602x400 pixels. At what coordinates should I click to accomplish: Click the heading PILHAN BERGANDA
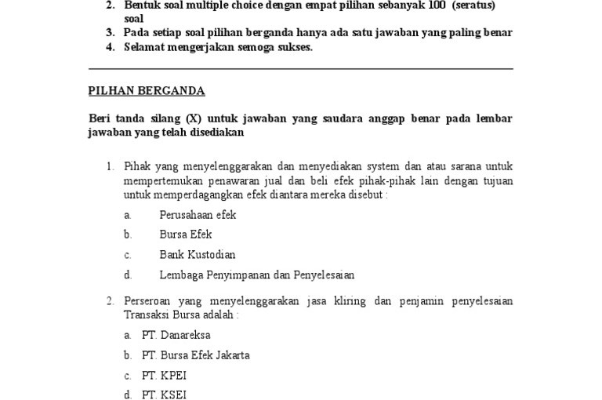tap(146, 91)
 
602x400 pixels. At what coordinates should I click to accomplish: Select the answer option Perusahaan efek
tap(198, 214)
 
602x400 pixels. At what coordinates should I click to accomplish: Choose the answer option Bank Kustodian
tap(197, 255)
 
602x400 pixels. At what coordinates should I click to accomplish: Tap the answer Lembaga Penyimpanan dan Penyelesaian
tap(256, 275)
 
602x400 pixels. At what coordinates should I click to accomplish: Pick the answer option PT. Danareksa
tap(176, 335)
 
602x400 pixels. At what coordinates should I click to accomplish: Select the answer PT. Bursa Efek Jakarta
tap(195, 355)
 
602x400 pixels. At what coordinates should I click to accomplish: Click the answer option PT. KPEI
tap(164, 376)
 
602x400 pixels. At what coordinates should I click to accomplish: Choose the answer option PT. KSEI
tap(164, 395)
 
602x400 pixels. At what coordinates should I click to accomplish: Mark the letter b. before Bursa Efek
tap(127, 235)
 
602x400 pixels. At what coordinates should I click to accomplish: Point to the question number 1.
tap(111, 166)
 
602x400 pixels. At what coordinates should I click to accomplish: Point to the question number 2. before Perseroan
tap(111, 301)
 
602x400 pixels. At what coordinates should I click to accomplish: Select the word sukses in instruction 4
tap(295, 47)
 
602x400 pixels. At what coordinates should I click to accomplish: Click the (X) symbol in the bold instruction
tap(194, 118)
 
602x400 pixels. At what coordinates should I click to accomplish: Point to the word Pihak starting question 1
tap(137, 166)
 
